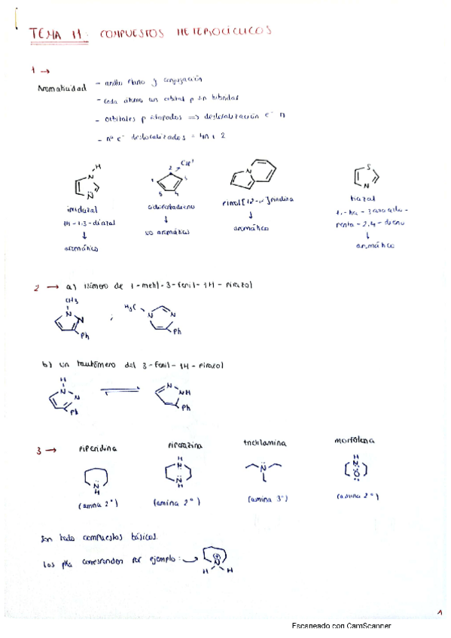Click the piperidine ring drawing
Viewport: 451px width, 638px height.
(100, 480)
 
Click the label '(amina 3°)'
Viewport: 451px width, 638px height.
(264, 499)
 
